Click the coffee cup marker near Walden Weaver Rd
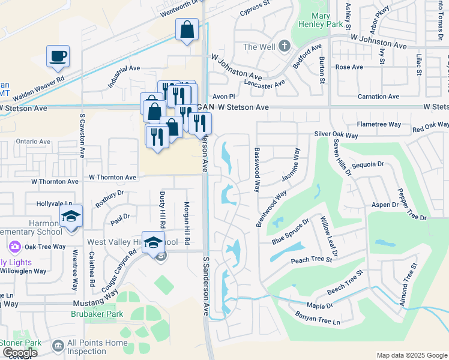point(58,56)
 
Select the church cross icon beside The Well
point(285,46)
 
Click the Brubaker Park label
point(96,314)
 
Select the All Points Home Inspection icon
point(58,346)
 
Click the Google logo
point(19,353)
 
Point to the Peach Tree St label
point(311,260)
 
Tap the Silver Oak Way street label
point(336,136)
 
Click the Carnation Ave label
point(378,97)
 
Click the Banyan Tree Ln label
point(318,318)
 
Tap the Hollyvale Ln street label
point(53,205)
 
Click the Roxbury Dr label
point(110,198)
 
